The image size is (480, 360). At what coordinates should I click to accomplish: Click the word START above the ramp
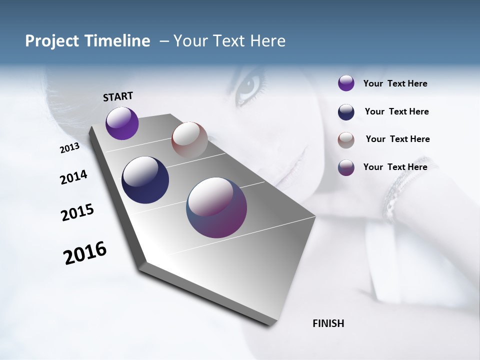coord(118,96)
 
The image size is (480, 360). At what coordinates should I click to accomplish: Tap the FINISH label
coord(328,323)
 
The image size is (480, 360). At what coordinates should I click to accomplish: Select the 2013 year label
coord(69,148)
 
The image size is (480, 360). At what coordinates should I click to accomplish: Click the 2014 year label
coord(73,177)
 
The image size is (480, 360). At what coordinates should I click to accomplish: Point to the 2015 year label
coord(77,212)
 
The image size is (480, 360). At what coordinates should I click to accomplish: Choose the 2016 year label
coord(85,253)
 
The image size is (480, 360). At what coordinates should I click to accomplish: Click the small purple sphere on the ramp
coord(122,123)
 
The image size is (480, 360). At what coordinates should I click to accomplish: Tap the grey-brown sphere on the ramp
coord(189,139)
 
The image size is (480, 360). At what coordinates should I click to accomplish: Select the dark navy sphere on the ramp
coord(145,180)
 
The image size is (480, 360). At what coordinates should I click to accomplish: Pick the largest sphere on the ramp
coord(216,207)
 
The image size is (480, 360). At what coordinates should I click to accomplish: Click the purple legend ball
coord(346,83)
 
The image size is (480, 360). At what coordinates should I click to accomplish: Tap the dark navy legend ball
coord(346,112)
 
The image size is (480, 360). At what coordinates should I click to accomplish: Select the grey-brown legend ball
coord(346,140)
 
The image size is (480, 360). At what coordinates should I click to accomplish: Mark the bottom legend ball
coord(346,167)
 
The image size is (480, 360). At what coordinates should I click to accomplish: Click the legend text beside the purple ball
coord(395,83)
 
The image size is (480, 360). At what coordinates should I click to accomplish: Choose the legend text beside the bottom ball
coord(395,167)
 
